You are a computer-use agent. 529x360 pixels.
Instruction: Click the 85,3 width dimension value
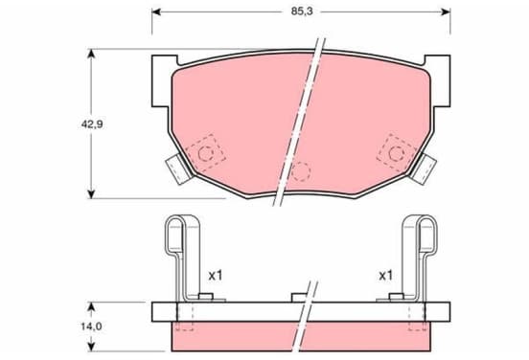pyautogui.click(x=302, y=11)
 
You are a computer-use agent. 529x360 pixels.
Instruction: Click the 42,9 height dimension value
pyautogui.click(x=92, y=124)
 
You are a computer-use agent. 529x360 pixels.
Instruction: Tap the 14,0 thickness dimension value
pyautogui.click(x=91, y=326)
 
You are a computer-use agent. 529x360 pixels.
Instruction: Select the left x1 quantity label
pyautogui.click(x=216, y=276)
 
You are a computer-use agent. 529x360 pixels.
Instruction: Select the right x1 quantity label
pyautogui.click(x=385, y=276)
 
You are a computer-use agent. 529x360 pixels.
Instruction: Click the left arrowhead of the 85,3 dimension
pyautogui.click(x=156, y=12)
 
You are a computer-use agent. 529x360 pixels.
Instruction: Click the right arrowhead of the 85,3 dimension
pyautogui.click(x=446, y=12)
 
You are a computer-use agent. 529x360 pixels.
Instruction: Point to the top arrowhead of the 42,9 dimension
pyautogui.click(x=91, y=54)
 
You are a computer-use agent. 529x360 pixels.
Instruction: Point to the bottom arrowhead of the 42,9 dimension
pyautogui.click(x=91, y=194)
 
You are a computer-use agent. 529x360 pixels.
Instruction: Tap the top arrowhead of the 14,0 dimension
pyautogui.click(x=91, y=306)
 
